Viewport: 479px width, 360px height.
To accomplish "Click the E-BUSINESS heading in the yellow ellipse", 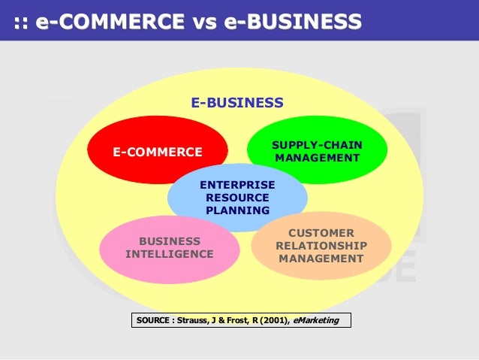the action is (x=236, y=102).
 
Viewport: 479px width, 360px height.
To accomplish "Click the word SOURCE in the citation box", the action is (x=153, y=321).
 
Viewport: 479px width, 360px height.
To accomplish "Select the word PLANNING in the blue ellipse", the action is (x=237, y=210).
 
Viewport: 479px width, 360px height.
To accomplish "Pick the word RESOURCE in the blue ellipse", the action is (x=237, y=197).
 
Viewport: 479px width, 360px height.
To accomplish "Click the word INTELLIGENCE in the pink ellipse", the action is (x=169, y=254).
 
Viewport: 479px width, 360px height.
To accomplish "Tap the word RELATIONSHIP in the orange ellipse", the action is (x=321, y=246).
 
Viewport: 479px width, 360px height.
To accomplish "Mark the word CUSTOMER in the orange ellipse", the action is (x=321, y=233).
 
